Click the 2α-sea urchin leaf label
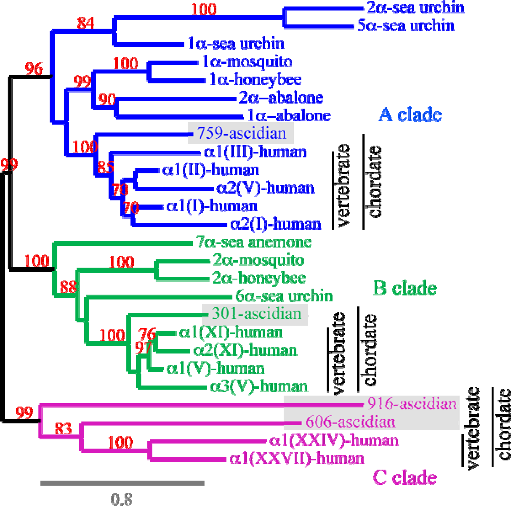coord(415,8)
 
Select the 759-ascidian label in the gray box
coord(242,133)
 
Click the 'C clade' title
coord(405,477)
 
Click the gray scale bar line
coord(122,483)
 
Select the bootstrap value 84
coord(86,23)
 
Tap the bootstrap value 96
coord(34,69)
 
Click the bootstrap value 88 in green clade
coord(68,287)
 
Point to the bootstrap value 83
coord(63,428)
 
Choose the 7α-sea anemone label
coord(253,242)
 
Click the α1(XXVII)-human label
coord(297,458)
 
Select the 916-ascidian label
coord(412,404)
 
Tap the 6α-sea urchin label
coord(284,296)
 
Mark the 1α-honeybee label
coord(255,80)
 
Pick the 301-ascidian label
coord(257,314)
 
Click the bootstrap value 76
coord(147,334)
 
